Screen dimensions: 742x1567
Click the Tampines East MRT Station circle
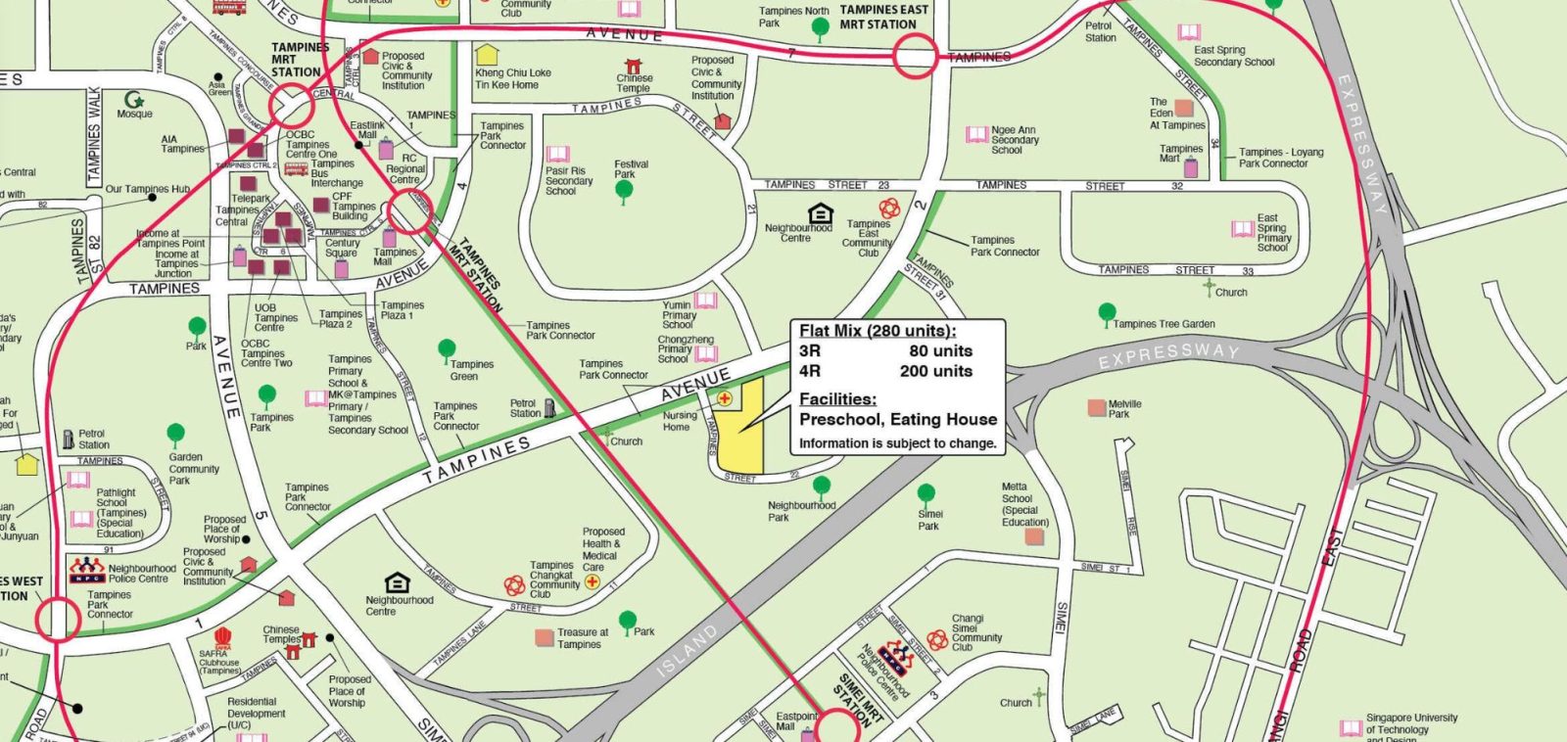point(914,55)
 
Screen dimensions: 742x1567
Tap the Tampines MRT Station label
point(296,60)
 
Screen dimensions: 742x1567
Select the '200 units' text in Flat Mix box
point(935,371)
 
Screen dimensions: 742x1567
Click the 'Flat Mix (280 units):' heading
point(878,331)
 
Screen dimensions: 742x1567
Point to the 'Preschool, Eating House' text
point(897,419)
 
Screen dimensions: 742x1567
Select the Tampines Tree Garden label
point(1163,324)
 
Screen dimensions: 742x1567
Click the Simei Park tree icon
point(926,494)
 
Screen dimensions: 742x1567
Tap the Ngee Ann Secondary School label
point(1014,140)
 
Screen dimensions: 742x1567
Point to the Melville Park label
point(1124,408)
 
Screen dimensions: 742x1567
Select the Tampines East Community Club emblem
point(888,208)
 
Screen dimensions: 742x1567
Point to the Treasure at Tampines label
point(583,638)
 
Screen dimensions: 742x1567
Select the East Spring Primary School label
point(1273,233)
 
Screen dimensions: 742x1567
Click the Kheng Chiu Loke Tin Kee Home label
point(513,78)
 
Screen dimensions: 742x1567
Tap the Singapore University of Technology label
point(1410,723)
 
